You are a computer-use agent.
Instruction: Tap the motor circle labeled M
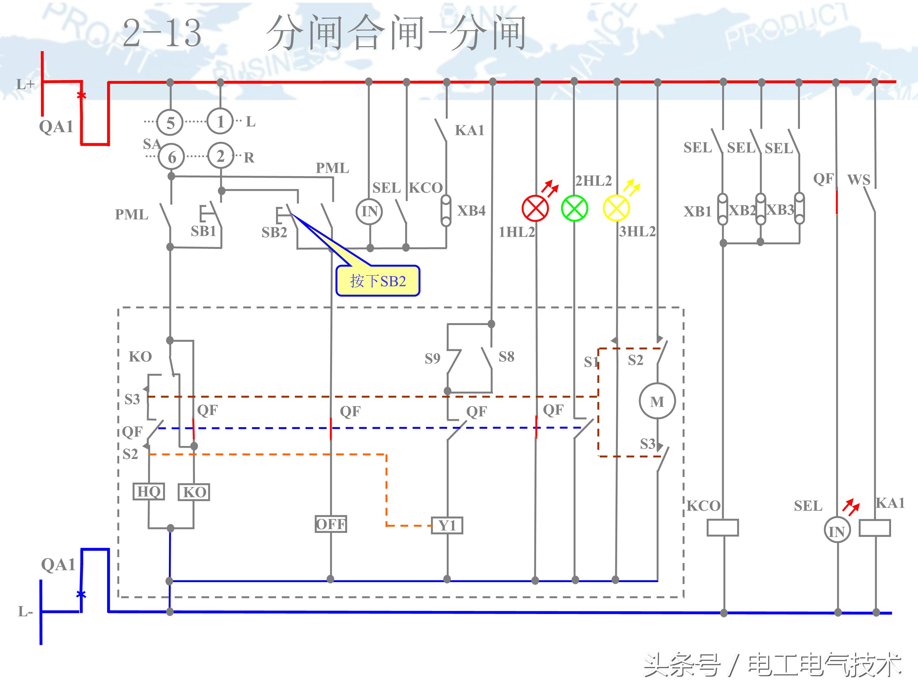pyautogui.click(x=657, y=401)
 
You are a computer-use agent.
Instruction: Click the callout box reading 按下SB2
pyautogui.click(x=378, y=281)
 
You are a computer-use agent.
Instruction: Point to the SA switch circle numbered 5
pyautogui.click(x=170, y=123)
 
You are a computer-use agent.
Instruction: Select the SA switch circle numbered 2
pyautogui.click(x=220, y=156)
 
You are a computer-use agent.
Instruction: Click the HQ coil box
pyautogui.click(x=149, y=491)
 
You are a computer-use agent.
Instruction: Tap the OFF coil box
pyautogui.click(x=330, y=524)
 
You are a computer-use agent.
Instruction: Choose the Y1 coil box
pyautogui.click(x=447, y=525)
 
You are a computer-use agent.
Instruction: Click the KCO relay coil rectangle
pyautogui.click(x=722, y=527)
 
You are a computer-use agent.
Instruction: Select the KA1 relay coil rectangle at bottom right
pyautogui.click(x=875, y=528)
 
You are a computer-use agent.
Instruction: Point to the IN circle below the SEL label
pyautogui.click(x=369, y=212)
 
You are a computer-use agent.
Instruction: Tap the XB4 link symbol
pyautogui.click(x=446, y=211)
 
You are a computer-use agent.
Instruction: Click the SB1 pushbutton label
pyautogui.click(x=203, y=231)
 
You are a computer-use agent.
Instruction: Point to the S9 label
pyautogui.click(x=432, y=358)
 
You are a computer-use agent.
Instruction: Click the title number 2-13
pyautogui.click(x=162, y=33)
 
